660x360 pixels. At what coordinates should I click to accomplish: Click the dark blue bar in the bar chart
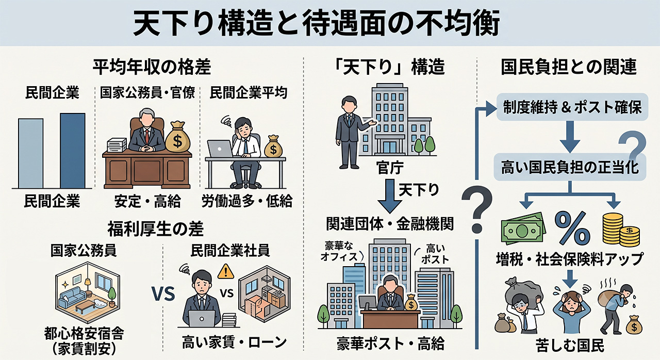(73, 151)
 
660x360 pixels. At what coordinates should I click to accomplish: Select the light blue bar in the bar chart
(30, 153)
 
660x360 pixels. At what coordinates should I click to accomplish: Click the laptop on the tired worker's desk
(220, 149)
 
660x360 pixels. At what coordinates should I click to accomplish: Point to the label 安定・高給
(147, 201)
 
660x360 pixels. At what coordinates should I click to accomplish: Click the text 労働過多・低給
(247, 201)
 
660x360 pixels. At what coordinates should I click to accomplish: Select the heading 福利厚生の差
(155, 229)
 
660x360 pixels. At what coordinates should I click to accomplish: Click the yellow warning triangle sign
(225, 271)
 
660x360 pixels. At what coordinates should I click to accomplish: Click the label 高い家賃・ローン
(234, 342)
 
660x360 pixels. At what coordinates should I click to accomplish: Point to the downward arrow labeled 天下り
(390, 197)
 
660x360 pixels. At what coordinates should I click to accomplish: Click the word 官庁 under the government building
(390, 168)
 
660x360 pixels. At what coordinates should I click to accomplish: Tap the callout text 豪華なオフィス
(339, 251)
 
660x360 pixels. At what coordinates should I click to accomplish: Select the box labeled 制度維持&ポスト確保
(572, 107)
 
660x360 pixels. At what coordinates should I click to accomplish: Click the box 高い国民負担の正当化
(570, 167)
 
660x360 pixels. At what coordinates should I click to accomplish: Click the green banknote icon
(523, 228)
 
